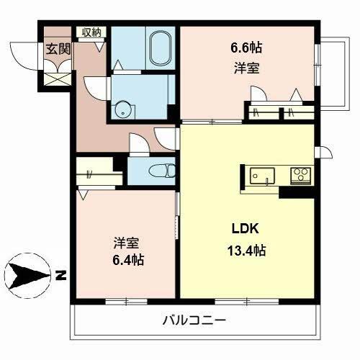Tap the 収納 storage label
[91, 32]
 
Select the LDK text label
[245, 230]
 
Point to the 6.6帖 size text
[246, 48]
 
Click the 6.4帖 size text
[127, 260]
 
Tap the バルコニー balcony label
[194, 320]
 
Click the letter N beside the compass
[62, 274]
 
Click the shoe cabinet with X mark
[56, 78]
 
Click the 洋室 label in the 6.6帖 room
[246, 69]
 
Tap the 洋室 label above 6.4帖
[127, 241]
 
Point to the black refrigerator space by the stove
[294, 192]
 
